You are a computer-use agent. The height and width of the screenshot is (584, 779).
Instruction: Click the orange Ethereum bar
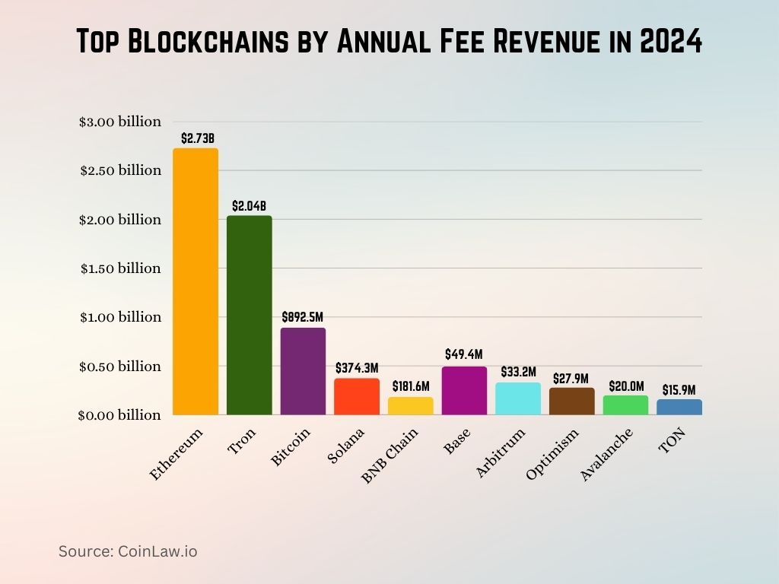(x=196, y=281)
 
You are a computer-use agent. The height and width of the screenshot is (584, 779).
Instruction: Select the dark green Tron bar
(x=249, y=315)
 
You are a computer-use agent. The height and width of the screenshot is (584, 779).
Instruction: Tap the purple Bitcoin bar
(x=303, y=371)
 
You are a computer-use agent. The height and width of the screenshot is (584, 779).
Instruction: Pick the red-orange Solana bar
(x=357, y=396)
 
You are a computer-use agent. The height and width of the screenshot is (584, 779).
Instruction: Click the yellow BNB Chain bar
(x=410, y=405)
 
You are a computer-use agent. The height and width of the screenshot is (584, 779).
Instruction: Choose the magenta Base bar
(x=464, y=391)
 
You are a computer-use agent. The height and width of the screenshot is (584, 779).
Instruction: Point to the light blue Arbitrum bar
(x=518, y=398)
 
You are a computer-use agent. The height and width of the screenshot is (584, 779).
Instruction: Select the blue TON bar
(x=679, y=407)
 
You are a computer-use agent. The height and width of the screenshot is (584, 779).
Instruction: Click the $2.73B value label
(x=198, y=138)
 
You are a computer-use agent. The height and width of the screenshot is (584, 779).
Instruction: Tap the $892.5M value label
(x=303, y=316)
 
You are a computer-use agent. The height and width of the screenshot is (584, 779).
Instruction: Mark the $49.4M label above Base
(x=464, y=354)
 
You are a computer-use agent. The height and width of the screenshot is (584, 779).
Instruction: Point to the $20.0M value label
(x=625, y=386)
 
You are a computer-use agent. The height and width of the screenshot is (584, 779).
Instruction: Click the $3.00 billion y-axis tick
(x=120, y=122)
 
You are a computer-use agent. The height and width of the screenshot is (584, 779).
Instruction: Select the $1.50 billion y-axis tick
(x=120, y=268)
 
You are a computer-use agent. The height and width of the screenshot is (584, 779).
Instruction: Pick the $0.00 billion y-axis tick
(x=120, y=415)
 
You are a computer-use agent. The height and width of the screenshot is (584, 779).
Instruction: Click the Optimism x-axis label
(x=553, y=454)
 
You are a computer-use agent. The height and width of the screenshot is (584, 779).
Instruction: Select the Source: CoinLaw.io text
(x=128, y=551)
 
